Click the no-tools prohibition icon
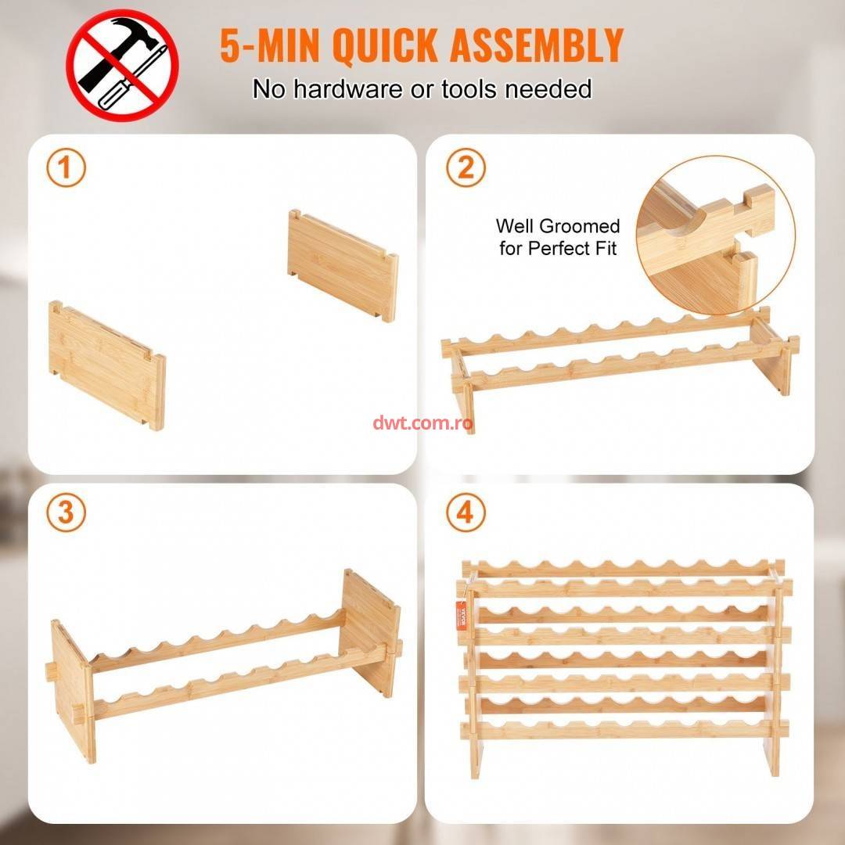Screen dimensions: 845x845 click(x=122, y=65)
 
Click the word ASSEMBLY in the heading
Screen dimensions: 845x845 click(x=537, y=45)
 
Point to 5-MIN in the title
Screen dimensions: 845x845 click(x=270, y=45)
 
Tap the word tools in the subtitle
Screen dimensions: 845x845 click(x=469, y=89)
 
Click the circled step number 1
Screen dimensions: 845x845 click(x=67, y=167)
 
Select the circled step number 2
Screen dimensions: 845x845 click(x=466, y=167)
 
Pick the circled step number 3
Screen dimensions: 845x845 click(x=67, y=512)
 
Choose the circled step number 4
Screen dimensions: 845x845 click(x=466, y=512)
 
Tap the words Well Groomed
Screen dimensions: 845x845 click(x=558, y=226)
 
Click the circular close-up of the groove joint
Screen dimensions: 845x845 click(x=716, y=235)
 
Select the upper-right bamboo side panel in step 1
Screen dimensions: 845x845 click(x=343, y=266)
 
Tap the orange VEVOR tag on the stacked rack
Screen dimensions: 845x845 click(x=462, y=614)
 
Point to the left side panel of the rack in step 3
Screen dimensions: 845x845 click(x=73, y=691)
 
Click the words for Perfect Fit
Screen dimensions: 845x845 click(x=558, y=249)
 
